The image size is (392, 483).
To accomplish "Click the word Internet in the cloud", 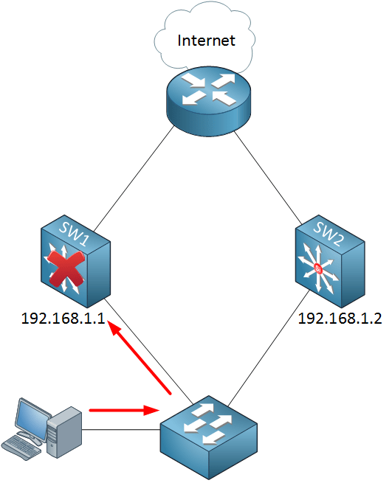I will click(x=206, y=40).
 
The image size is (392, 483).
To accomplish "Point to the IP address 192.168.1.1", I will click(x=63, y=319).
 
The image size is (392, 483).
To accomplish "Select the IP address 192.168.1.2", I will click(x=340, y=319).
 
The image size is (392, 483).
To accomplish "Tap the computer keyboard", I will click(x=21, y=444).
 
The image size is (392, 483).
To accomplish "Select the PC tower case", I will click(x=63, y=431).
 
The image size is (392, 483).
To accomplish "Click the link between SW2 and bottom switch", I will click(x=273, y=354).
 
